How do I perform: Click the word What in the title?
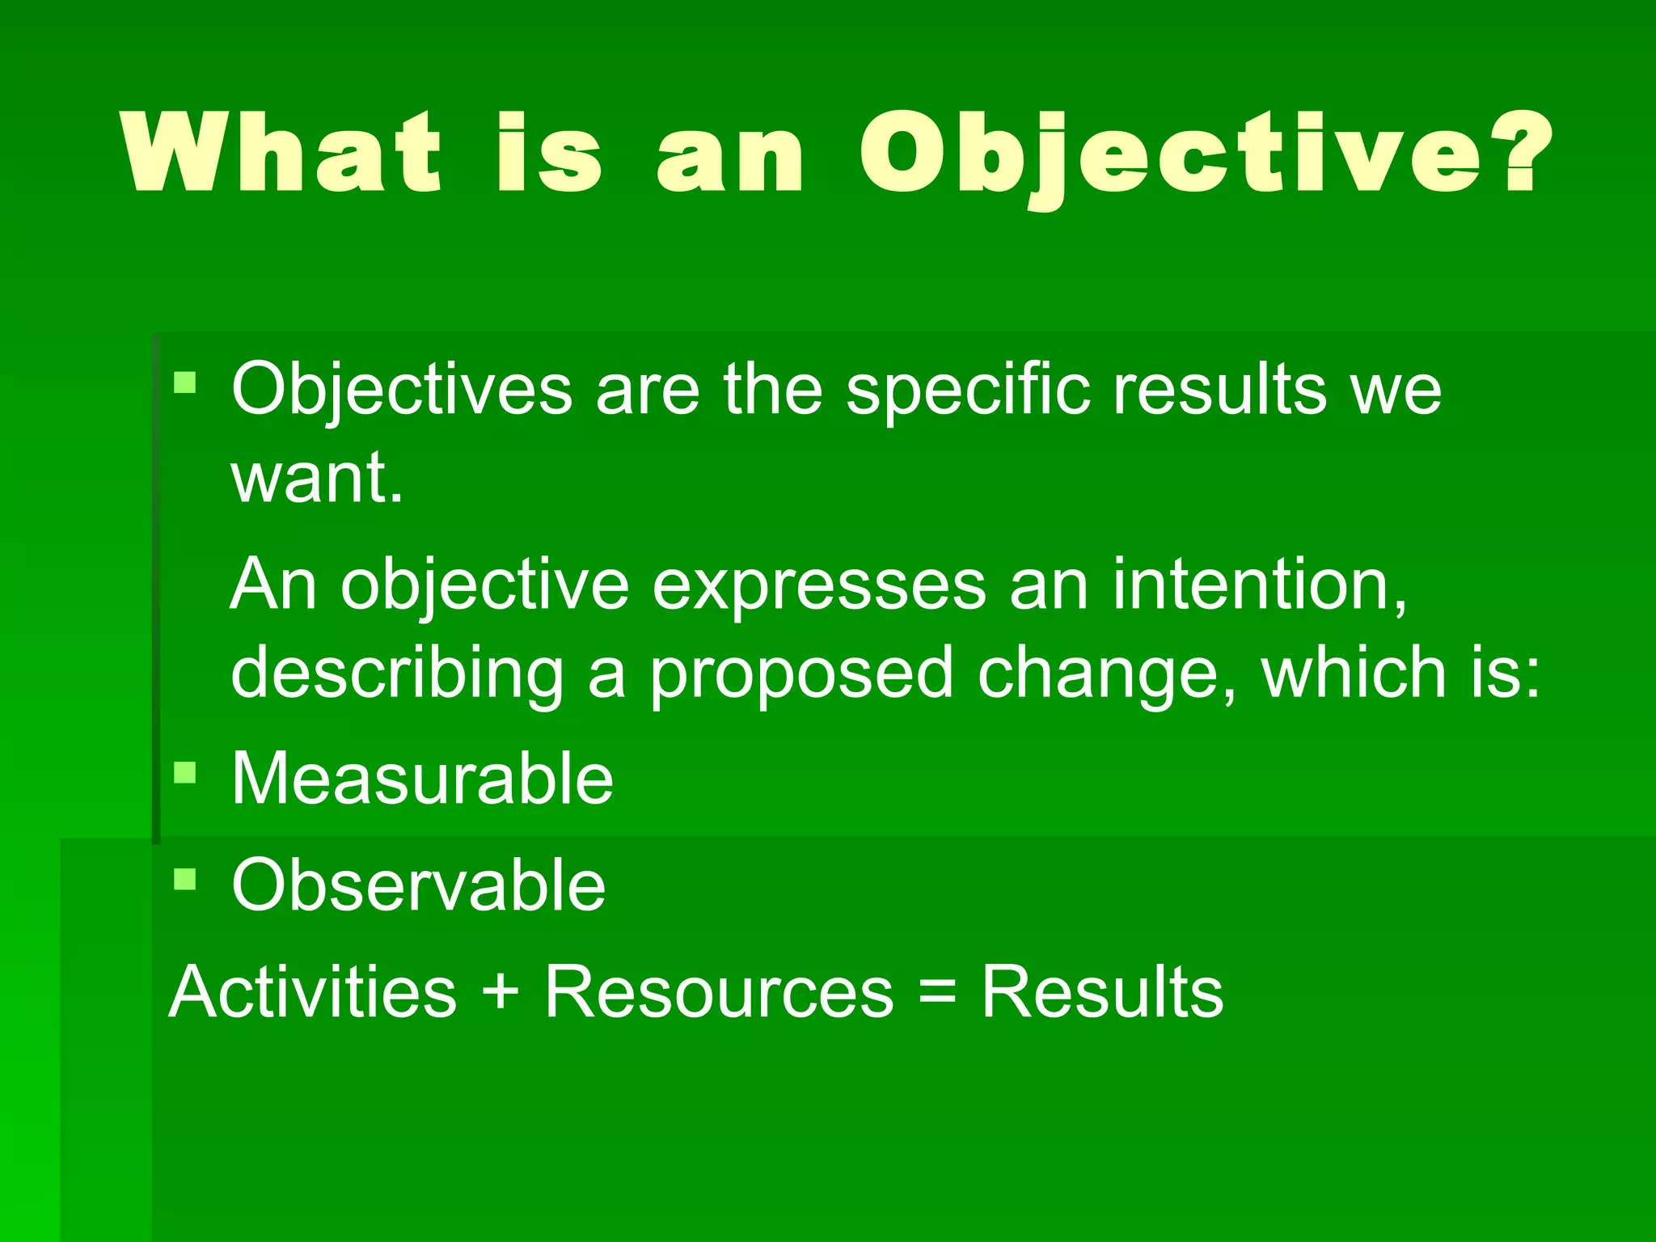point(282,153)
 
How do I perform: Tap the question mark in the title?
point(1522,153)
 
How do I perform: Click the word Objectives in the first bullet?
point(402,391)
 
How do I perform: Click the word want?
point(316,479)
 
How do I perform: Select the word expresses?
point(818,585)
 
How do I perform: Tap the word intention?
point(1260,585)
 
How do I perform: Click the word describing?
point(397,674)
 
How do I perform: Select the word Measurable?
point(422,779)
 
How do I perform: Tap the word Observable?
point(418,885)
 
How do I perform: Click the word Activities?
point(313,992)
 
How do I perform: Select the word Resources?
point(719,992)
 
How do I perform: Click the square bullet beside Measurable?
point(185,772)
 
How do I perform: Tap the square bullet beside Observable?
point(185,879)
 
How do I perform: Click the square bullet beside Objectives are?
point(185,382)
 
